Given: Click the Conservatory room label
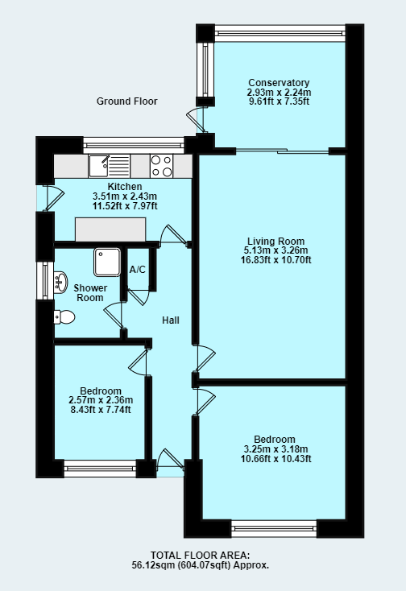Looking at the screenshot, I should click(279, 83).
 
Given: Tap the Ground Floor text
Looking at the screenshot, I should click(127, 101).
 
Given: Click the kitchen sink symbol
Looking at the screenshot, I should click(109, 166).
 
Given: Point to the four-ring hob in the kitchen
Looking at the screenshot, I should click(161, 166).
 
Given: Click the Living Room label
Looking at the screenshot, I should click(275, 241).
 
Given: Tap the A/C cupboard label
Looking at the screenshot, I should click(138, 269).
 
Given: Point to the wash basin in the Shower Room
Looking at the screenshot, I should click(62, 281).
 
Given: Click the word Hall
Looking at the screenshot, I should click(170, 320).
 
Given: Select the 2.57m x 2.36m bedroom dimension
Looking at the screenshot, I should click(101, 400).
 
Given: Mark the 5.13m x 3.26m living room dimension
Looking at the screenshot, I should click(275, 250).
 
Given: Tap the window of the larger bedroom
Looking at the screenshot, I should click(274, 528).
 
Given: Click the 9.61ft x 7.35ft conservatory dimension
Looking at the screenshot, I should click(279, 102).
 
